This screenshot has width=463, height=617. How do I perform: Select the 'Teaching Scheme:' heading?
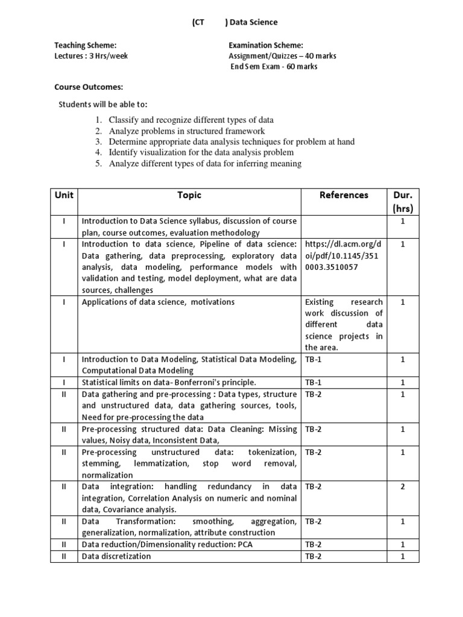85,45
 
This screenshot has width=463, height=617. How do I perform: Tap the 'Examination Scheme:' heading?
266,45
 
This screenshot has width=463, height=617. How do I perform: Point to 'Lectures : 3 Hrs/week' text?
91,56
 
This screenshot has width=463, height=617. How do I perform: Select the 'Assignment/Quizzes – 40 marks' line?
283,56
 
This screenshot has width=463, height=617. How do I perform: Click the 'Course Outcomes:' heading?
89,87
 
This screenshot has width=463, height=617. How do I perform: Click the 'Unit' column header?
64,195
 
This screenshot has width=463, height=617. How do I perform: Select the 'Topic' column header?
189,195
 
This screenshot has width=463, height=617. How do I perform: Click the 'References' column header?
344,195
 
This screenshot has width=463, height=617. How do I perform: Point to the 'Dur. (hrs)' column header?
402,202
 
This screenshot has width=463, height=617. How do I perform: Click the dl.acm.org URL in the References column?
343,255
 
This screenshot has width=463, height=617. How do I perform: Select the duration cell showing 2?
402,487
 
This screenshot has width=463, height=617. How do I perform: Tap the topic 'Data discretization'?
116,556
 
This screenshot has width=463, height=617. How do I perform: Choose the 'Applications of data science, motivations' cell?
158,302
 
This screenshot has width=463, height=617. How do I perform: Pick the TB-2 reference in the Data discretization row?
313,556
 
